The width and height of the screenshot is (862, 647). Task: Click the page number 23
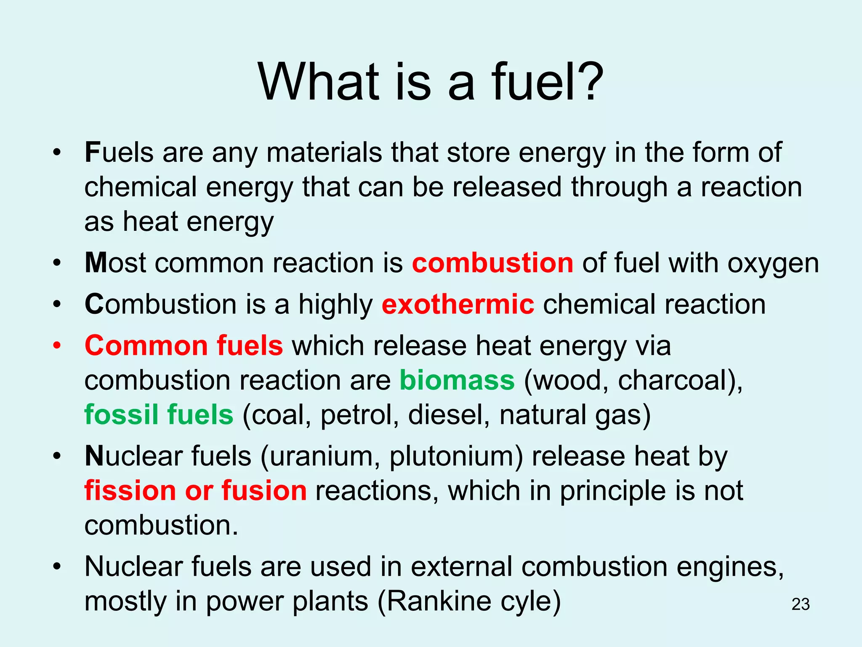click(800, 604)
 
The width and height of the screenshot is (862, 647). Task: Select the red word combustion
click(492, 263)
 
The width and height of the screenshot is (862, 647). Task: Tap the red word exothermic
click(458, 305)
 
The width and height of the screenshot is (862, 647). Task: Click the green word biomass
click(457, 380)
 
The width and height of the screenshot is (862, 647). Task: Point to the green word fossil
click(121, 414)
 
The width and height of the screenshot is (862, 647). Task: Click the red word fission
click(130, 491)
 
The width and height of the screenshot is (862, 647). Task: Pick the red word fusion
click(264, 491)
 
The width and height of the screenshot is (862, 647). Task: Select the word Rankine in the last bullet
click(438, 601)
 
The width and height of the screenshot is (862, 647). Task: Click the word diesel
click(449, 414)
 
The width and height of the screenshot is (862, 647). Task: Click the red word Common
click(146, 346)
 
